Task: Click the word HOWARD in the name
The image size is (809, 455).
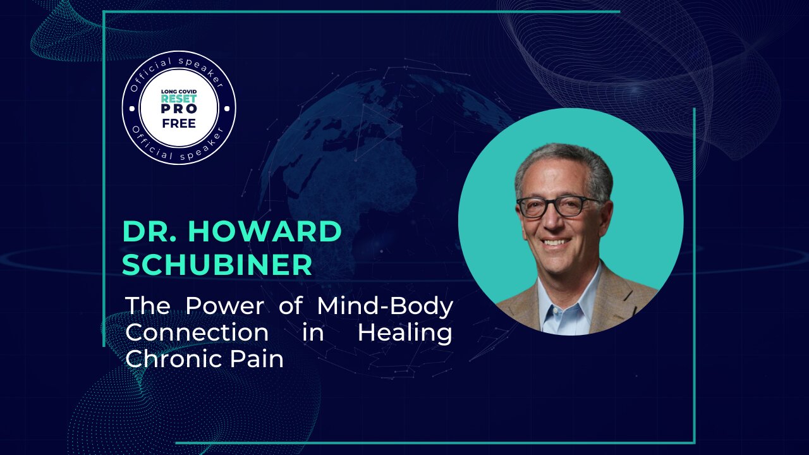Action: click(x=265, y=231)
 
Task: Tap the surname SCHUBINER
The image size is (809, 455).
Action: click(x=217, y=265)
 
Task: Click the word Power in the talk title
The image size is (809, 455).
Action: click(x=225, y=305)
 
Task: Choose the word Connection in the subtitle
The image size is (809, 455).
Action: click(x=197, y=332)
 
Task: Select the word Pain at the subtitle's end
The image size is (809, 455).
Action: click(x=257, y=359)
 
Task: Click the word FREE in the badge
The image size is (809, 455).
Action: click(x=179, y=123)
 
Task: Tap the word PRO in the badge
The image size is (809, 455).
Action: click(x=179, y=109)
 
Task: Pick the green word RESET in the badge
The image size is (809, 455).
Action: click(x=179, y=99)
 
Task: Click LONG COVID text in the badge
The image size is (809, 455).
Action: click(x=179, y=92)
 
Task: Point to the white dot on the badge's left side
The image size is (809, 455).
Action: click(x=131, y=108)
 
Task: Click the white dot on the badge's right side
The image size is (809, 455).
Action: click(x=227, y=108)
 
